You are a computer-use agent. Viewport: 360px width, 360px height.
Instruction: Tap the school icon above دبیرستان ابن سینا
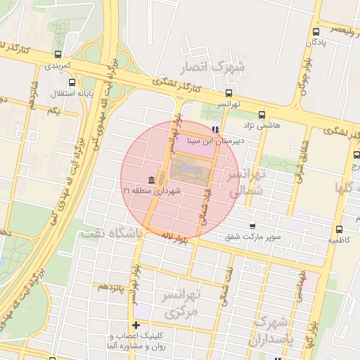[215, 129]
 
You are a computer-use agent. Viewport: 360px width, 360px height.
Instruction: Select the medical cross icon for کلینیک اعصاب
[136, 325]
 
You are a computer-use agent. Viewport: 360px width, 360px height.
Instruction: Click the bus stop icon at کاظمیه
[340, 229]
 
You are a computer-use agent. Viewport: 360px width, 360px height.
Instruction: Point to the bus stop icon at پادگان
[316, 32]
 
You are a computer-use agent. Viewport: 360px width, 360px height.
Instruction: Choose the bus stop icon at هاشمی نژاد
[262, 115]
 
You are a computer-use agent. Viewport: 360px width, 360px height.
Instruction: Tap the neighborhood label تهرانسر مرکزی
[181, 304]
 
